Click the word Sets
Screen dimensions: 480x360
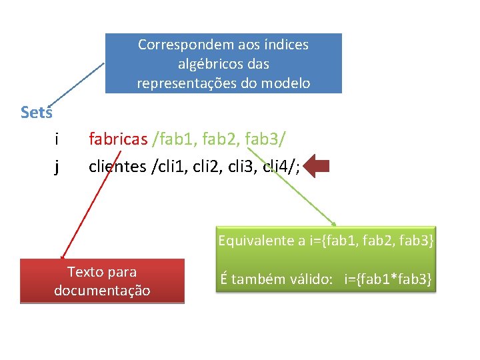coord(36,112)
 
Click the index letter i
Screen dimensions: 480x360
coord(57,139)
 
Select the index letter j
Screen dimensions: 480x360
coord(57,166)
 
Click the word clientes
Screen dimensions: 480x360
coord(117,166)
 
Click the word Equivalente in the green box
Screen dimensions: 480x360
coord(257,241)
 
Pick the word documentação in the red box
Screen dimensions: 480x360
coord(102,291)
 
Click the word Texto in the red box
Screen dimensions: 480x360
coord(85,272)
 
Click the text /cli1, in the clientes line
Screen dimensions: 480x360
coord(171,166)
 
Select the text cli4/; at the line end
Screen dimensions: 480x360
coord(281,166)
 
